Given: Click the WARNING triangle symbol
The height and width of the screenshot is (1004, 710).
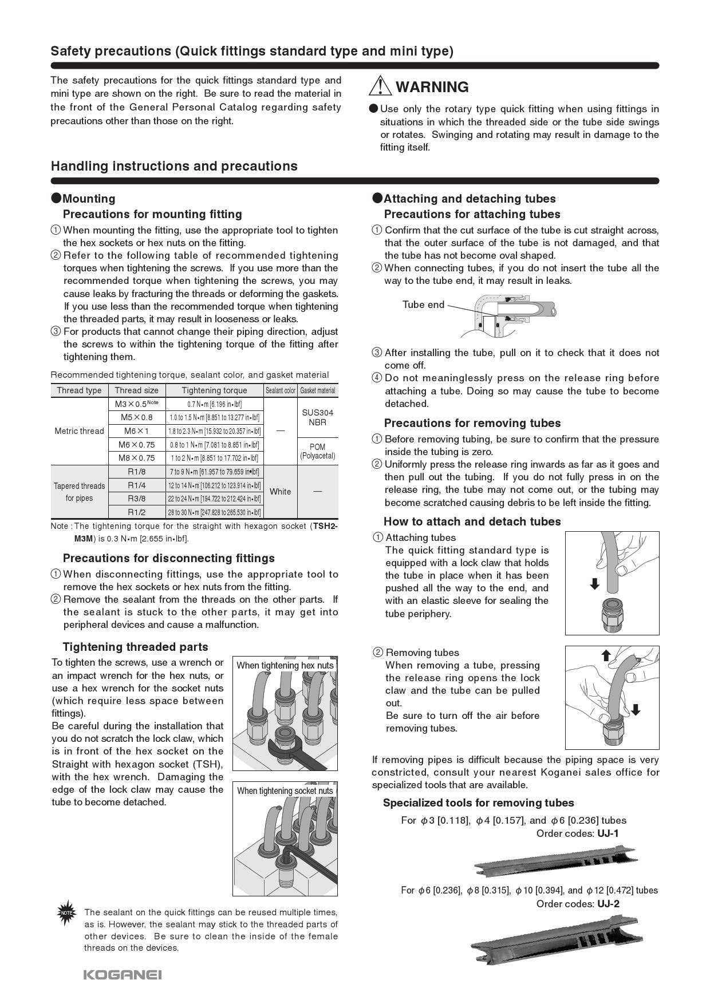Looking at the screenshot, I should click(x=380, y=86).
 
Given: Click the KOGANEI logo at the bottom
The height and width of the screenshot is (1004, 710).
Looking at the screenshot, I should click(x=123, y=974).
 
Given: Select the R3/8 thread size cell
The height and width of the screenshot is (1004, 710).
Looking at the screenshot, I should click(x=136, y=499).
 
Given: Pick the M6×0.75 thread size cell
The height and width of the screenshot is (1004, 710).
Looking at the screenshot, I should click(x=136, y=445).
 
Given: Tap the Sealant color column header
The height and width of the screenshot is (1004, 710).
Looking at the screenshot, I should click(x=280, y=390).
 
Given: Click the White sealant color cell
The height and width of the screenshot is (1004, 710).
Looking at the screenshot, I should click(x=280, y=492).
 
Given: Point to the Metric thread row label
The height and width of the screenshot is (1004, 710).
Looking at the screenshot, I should click(x=79, y=431).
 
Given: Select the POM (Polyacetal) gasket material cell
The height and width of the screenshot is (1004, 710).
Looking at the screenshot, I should click(x=317, y=451).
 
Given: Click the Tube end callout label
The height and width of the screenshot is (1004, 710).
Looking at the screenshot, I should click(x=423, y=305).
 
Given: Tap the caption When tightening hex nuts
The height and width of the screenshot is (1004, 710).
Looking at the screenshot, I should click(x=285, y=665).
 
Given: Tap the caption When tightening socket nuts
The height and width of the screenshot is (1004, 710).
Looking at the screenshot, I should click(x=285, y=790).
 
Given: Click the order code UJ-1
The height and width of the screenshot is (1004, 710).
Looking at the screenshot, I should click(x=608, y=833).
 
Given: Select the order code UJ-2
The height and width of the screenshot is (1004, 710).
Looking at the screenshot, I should click(x=608, y=904).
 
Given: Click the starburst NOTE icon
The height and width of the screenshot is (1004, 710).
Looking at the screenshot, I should click(x=66, y=912).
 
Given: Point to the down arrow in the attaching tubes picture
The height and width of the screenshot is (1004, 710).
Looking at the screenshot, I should click(x=594, y=584).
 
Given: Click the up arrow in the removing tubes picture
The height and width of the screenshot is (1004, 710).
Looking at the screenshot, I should click(x=606, y=655).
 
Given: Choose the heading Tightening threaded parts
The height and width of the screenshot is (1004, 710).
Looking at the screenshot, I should click(x=135, y=647).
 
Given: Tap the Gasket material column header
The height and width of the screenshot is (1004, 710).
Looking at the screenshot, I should click(x=318, y=390).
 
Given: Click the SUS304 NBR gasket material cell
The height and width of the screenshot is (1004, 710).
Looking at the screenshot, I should click(x=317, y=417).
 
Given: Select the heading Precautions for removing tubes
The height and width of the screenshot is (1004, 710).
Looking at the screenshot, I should click(x=472, y=423).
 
